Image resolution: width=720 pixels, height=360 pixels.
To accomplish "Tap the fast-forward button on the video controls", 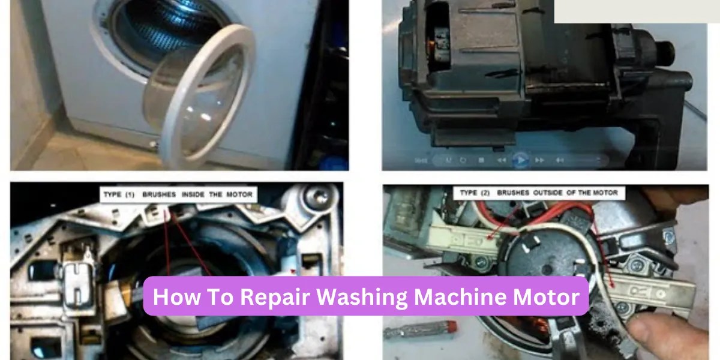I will (540, 160).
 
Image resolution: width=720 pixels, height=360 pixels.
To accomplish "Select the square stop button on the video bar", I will (481, 160).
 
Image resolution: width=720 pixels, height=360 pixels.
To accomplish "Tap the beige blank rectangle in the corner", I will (636, 11).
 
